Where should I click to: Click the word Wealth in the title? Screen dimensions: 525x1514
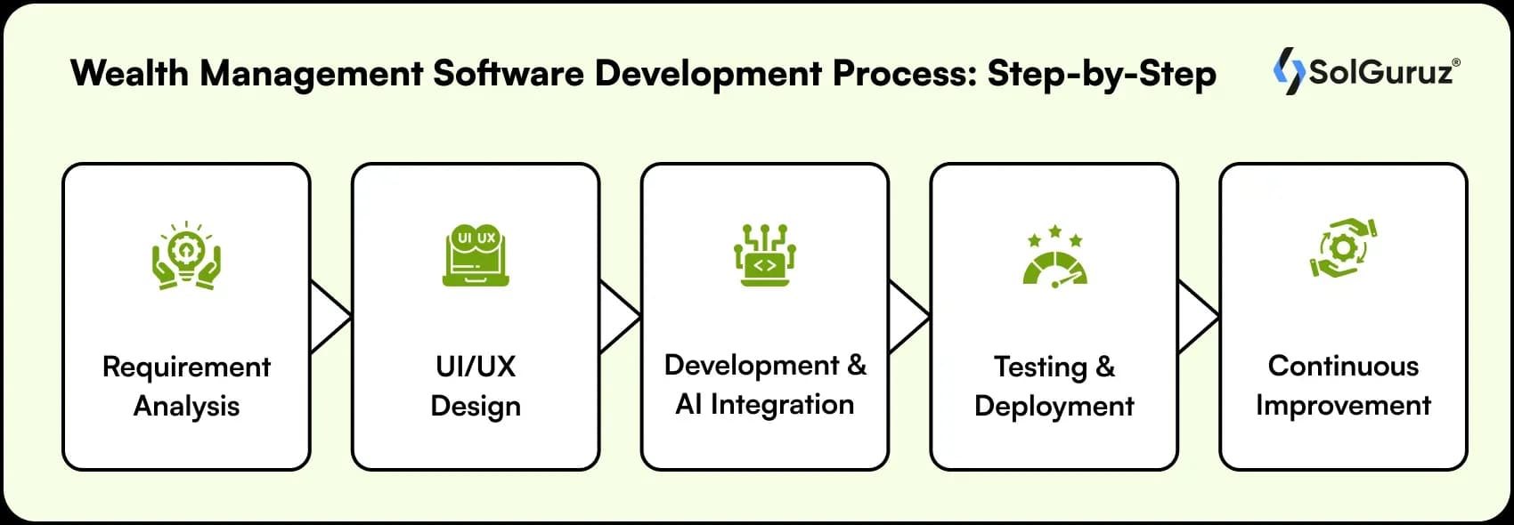pyautogui.click(x=129, y=73)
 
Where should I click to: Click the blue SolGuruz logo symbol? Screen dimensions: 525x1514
pyautogui.click(x=1288, y=70)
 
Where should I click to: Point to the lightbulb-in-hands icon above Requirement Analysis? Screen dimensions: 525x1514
pyautogui.click(x=185, y=256)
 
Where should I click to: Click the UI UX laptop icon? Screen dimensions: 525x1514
pyautogui.click(x=476, y=254)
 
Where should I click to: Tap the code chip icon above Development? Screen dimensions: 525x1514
pyautogui.click(x=765, y=254)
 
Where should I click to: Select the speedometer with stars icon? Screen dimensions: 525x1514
pyautogui.click(x=1054, y=257)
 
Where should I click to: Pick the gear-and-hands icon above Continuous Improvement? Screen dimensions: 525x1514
pyautogui.click(x=1343, y=248)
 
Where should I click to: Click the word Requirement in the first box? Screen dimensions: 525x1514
pyautogui.click(x=186, y=367)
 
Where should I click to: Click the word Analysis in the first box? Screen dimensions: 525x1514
pyautogui.click(x=186, y=406)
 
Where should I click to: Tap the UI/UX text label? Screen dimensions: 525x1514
pyautogui.click(x=476, y=366)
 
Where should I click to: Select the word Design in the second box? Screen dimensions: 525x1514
pyautogui.click(x=476, y=406)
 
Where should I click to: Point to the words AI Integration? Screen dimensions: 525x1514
pyautogui.click(x=764, y=404)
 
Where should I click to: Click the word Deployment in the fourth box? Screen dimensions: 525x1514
pyautogui.click(x=1054, y=406)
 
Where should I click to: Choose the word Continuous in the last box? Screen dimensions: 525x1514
pyautogui.click(x=1343, y=366)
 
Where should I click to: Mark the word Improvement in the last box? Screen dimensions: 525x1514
pyautogui.click(x=1343, y=405)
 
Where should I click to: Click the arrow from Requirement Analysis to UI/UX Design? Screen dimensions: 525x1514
pyautogui.click(x=330, y=317)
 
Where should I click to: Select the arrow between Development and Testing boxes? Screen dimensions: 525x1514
pyautogui.click(x=908, y=317)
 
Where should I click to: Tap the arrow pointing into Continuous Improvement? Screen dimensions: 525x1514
pyautogui.click(x=1198, y=317)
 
